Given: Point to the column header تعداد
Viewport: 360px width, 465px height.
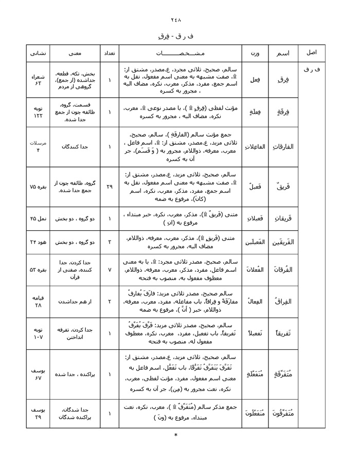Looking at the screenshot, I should coord(109,53).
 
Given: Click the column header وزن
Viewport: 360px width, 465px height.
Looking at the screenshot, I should coord(255,53).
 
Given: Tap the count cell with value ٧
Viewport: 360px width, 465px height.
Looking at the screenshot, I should coord(109,269).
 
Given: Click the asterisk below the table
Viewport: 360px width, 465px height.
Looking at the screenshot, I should coord(176,436).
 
